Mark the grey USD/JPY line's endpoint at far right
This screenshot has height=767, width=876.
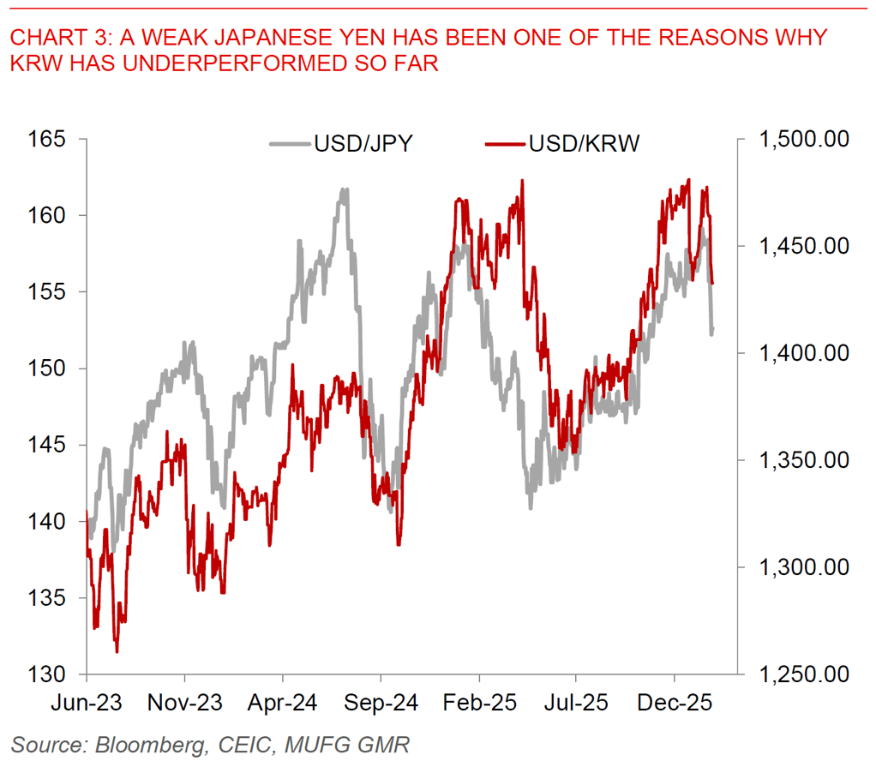coord(713,329)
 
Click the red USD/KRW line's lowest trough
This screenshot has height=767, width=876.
coord(117,652)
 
